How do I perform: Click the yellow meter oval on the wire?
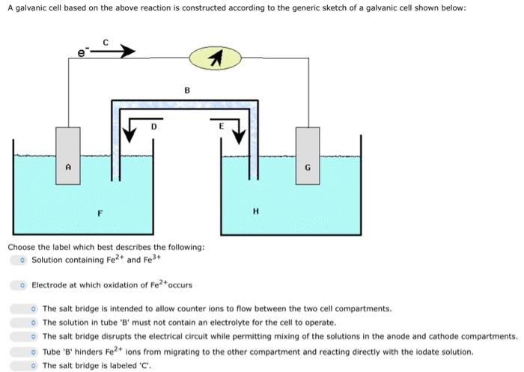[216, 58]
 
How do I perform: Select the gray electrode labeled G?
[307, 163]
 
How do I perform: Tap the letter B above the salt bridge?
[186, 90]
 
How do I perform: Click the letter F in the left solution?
[100, 214]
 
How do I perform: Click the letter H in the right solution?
[255, 211]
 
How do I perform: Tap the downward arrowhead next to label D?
[130, 135]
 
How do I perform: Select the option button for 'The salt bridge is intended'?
[34, 308]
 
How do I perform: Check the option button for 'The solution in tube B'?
[34, 323]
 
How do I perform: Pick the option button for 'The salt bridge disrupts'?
[34, 337]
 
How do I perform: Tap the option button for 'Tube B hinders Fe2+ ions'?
[34, 351]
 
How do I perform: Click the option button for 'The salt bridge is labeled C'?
[34, 365]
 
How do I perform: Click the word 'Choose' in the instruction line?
[21, 247]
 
